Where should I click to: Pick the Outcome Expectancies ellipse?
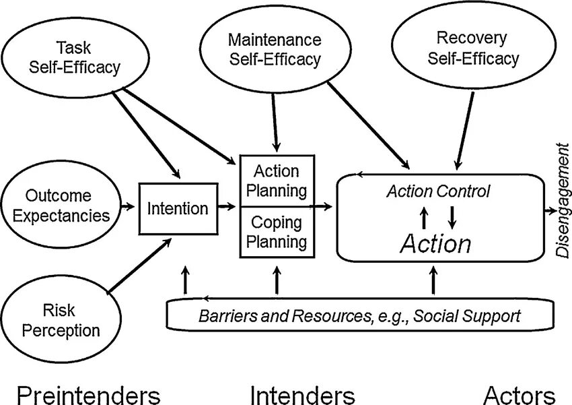pos(59,206)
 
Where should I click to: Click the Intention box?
pos(178,208)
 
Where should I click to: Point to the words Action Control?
pos(438,191)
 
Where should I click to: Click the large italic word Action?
pos(435,243)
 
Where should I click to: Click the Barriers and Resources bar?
pos(360,315)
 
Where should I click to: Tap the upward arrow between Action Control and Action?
pos(424,217)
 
